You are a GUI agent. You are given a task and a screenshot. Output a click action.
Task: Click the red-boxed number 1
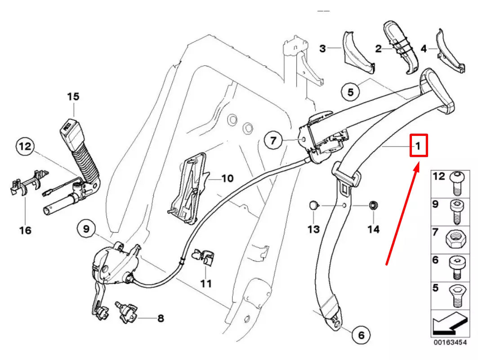[x=417, y=146]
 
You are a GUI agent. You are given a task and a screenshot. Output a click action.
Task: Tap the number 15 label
[x=73, y=96]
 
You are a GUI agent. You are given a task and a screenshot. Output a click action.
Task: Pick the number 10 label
[x=228, y=179]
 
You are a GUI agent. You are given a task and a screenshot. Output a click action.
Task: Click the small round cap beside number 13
[x=313, y=206]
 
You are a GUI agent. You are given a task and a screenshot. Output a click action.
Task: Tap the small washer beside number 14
[x=372, y=206]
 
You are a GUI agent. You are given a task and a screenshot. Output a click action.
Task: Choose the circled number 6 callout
[x=361, y=335]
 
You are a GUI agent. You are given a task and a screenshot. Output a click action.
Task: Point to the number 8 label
[x=160, y=319]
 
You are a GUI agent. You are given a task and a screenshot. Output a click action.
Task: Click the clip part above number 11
[x=203, y=257]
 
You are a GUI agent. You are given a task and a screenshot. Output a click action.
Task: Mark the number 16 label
[x=26, y=230]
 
